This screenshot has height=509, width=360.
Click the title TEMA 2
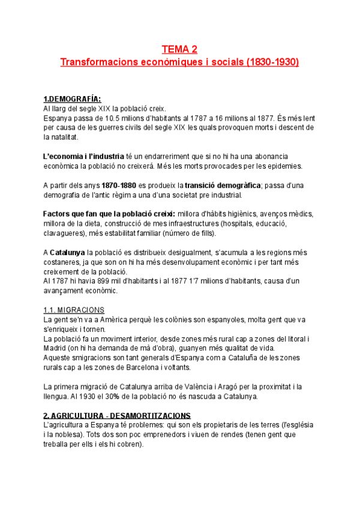pyautogui.click(x=179, y=49)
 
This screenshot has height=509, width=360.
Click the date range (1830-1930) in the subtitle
pyautogui.click(x=272, y=62)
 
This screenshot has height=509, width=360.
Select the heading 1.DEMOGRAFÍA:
pyautogui.click(x=72, y=99)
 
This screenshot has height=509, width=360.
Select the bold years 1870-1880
pyautogui.click(x=119, y=185)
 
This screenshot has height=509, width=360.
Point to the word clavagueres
pyautogui.click(x=64, y=233)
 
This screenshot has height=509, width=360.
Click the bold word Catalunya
pyautogui.click(x=68, y=253)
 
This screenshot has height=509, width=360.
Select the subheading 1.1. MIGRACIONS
pyautogui.click(x=74, y=310)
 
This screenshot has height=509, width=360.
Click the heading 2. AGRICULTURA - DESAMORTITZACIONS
pyautogui.click(x=117, y=415)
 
